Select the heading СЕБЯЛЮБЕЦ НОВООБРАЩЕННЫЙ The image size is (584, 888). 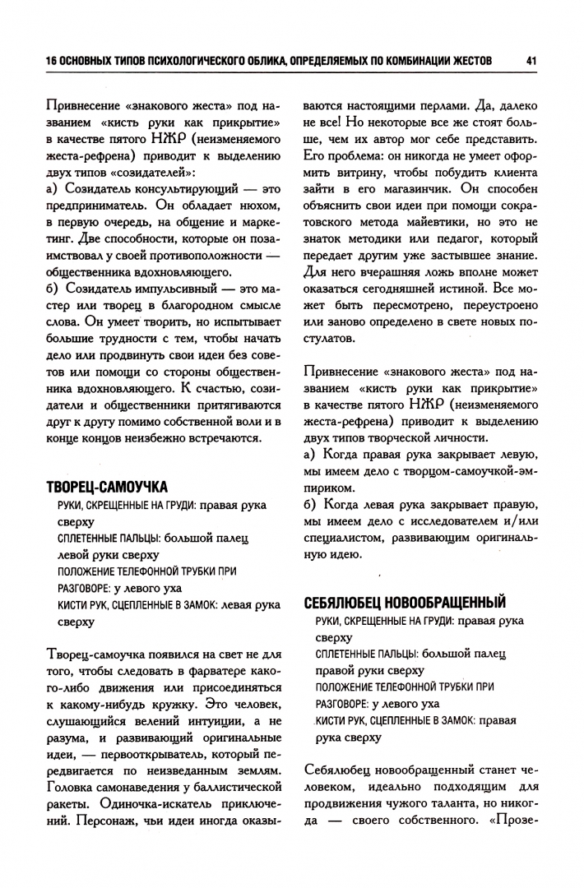click(405, 602)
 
